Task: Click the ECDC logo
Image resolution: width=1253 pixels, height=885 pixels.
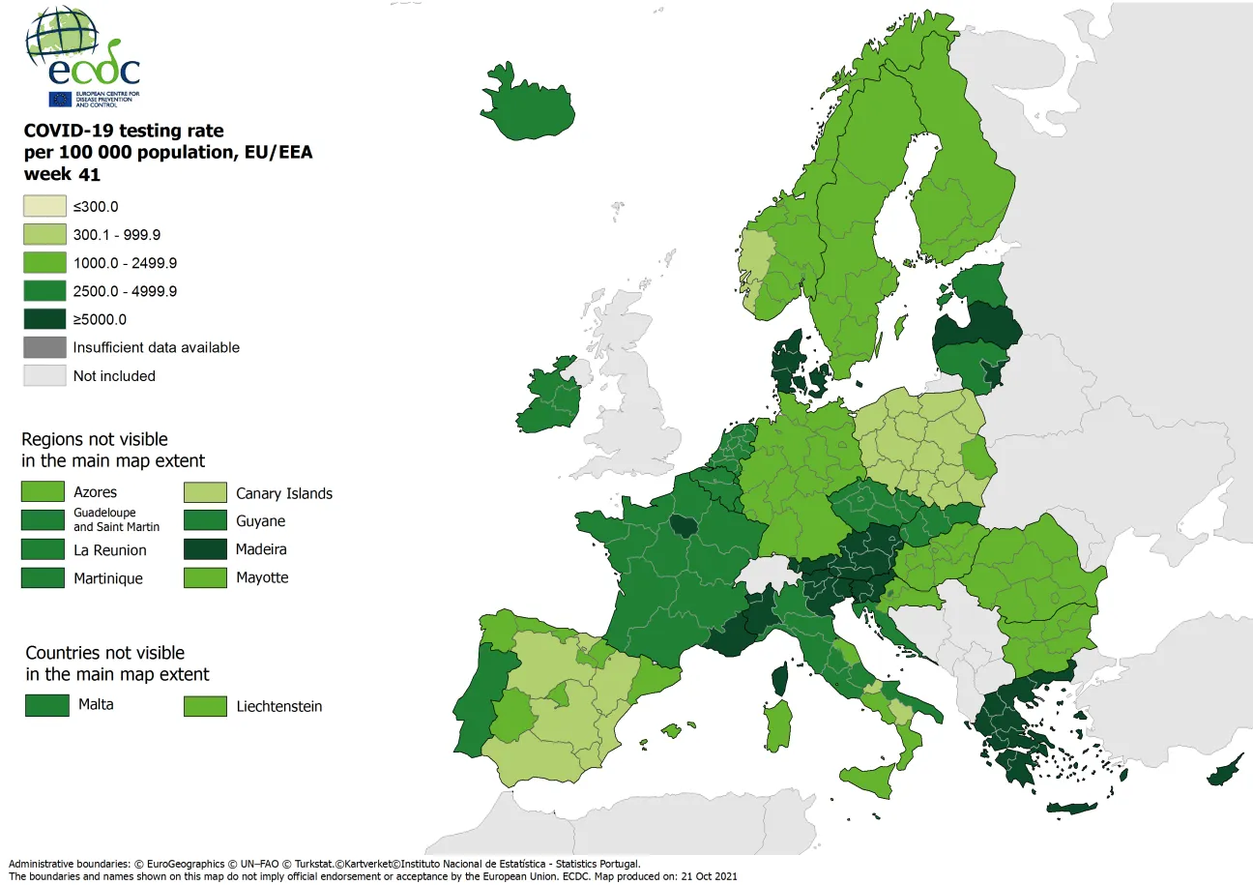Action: click(x=83, y=56)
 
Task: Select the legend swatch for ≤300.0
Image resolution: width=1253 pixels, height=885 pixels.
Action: click(x=44, y=206)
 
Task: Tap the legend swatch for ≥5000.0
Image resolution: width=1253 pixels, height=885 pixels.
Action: click(x=44, y=319)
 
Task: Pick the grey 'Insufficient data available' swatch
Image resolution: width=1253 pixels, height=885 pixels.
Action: click(x=44, y=347)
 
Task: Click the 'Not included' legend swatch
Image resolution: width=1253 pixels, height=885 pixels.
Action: click(x=44, y=375)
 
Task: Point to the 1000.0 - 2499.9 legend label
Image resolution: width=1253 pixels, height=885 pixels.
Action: click(x=125, y=263)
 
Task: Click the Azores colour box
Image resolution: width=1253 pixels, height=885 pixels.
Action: click(x=44, y=492)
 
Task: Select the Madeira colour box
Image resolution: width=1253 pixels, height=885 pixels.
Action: click(x=205, y=549)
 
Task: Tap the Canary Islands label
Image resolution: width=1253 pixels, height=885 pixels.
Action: click(x=284, y=493)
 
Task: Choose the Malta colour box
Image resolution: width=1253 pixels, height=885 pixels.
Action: click(x=47, y=704)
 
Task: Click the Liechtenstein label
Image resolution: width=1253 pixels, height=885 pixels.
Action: click(x=279, y=706)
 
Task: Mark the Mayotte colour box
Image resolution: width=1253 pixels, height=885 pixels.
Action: click(x=205, y=577)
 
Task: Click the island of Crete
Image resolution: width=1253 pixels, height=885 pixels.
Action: click(x=1072, y=808)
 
